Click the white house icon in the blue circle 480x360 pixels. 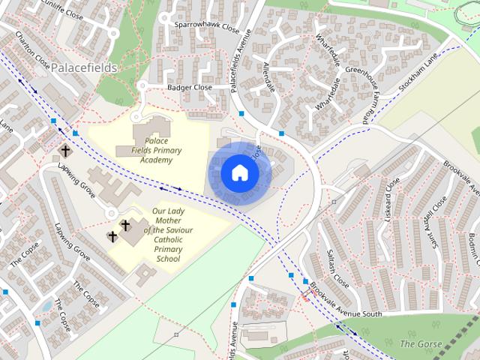(x=240, y=173)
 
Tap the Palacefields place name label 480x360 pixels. (x=84, y=67)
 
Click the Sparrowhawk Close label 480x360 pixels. (x=206, y=26)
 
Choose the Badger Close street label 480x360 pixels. (x=189, y=88)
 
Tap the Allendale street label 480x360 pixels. (x=268, y=79)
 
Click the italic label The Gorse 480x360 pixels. (x=416, y=343)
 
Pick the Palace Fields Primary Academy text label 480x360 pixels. (x=155, y=150)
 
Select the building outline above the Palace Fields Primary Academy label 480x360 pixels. (x=153, y=130)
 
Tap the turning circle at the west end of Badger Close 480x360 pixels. (x=141, y=86)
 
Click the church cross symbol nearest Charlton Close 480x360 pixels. (x=65, y=150)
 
